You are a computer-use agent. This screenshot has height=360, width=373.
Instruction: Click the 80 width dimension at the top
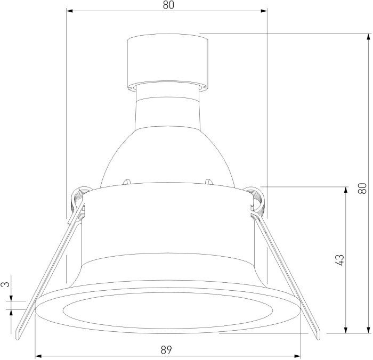168,5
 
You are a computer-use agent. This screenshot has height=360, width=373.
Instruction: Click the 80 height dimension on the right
362,188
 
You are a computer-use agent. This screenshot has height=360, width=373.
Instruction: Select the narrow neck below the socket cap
167,107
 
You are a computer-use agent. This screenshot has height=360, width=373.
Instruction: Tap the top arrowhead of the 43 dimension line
346,190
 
